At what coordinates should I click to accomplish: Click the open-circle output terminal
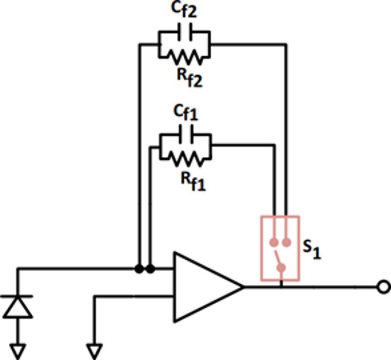pos(383,287)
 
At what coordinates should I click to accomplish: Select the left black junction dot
pos(140,269)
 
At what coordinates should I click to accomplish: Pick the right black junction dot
pos(151,269)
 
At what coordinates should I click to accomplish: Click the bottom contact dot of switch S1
pos(281,267)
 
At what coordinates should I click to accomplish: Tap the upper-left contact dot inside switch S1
pos(274,241)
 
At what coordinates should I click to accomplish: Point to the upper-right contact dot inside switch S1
pos(286,241)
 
